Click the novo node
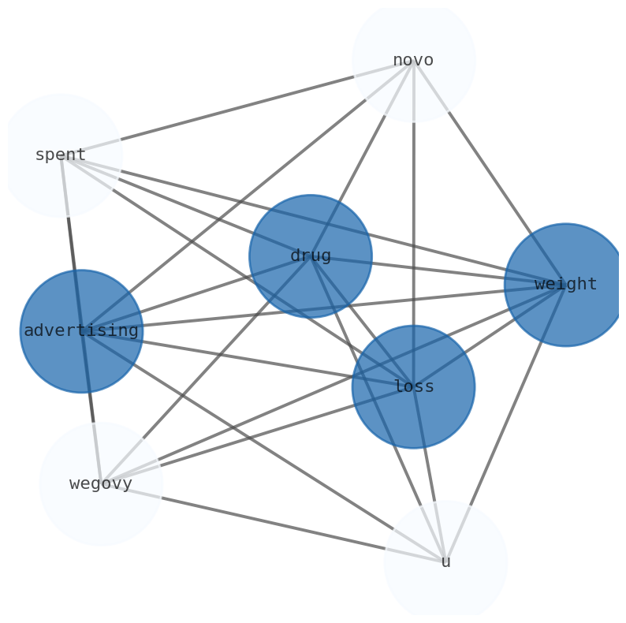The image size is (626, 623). point(413,60)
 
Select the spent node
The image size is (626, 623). point(61,155)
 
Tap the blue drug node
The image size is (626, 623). point(311,256)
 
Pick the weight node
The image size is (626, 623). point(565,284)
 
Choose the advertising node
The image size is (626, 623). point(81,331)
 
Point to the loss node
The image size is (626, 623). point(413,386)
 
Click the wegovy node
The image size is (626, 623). point(101,483)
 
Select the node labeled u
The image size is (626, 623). point(445,561)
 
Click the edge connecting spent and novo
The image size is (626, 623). point(237,107)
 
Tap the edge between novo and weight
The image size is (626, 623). point(489,172)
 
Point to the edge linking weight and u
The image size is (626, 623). point(505,423)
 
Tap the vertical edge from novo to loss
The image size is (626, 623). point(413,197)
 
